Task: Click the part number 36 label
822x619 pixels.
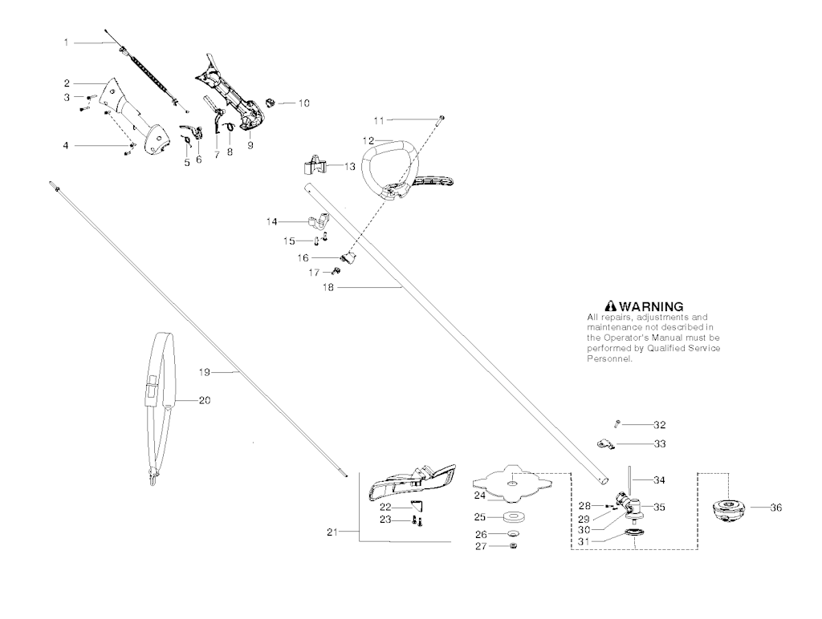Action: coord(775,508)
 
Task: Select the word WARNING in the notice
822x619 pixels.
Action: coord(651,306)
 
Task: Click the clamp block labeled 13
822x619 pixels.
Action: coord(316,166)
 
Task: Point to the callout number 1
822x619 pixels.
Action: coord(67,42)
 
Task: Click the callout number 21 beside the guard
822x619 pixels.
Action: coord(332,531)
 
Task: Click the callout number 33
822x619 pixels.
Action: coord(660,443)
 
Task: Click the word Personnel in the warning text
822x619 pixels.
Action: coord(610,359)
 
